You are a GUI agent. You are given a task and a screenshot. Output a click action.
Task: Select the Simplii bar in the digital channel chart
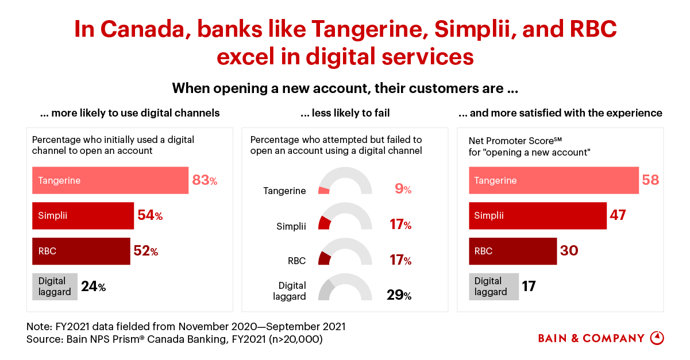click(x=83, y=216)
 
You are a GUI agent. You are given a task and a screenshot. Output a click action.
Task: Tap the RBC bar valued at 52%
click(x=81, y=251)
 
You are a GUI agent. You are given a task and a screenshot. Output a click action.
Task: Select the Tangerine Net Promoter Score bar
click(x=554, y=180)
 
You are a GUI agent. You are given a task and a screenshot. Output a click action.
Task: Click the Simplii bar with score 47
click(x=538, y=216)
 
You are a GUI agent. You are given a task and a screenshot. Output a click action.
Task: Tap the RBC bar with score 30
click(x=513, y=251)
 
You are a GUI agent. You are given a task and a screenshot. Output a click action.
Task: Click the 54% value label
click(x=150, y=216)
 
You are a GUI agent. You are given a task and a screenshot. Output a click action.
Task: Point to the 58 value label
click(x=651, y=180)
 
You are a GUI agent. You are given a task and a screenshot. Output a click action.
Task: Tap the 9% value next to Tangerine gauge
click(x=403, y=188)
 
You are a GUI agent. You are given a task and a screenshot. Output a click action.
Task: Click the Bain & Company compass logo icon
click(x=657, y=338)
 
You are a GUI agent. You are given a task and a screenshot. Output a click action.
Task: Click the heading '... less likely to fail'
click(x=345, y=113)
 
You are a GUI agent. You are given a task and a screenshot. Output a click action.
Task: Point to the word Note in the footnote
click(x=38, y=327)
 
